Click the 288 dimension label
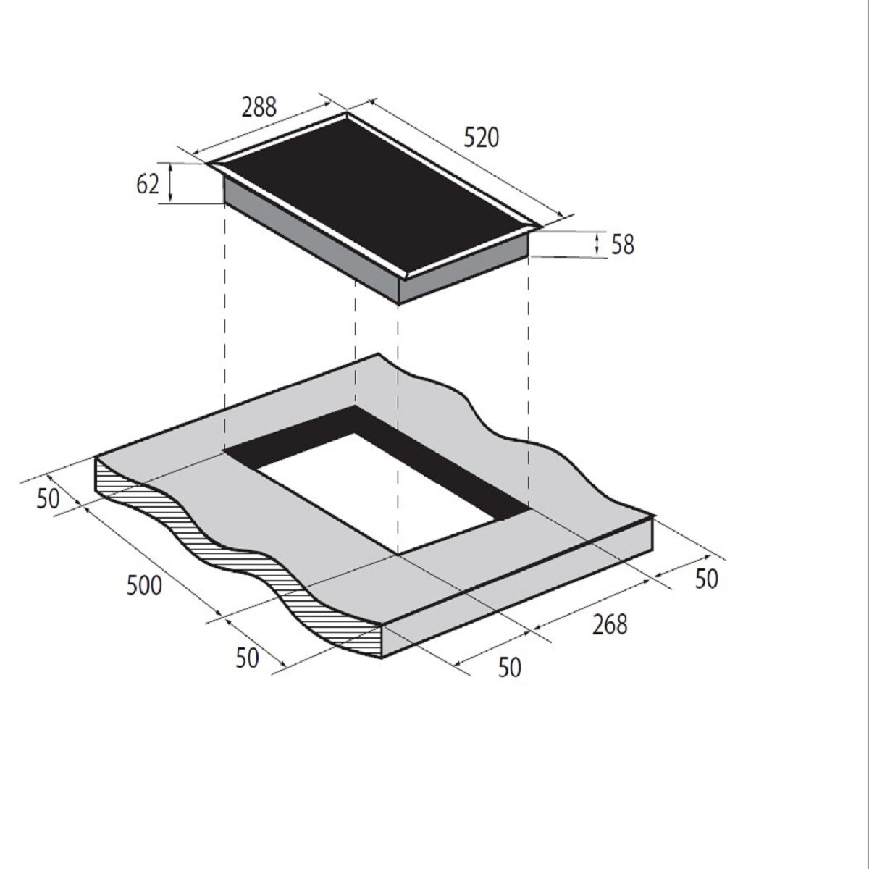pyautogui.click(x=259, y=108)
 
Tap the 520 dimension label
pyautogui.click(x=482, y=138)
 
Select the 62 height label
pyautogui.click(x=148, y=184)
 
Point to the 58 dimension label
pyautogui.click(x=622, y=245)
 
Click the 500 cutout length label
pyautogui.click(x=144, y=587)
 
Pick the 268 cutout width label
pyautogui.click(x=610, y=625)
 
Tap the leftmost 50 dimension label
pyautogui.click(x=48, y=499)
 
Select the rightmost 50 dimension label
pyautogui.click(x=706, y=579)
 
